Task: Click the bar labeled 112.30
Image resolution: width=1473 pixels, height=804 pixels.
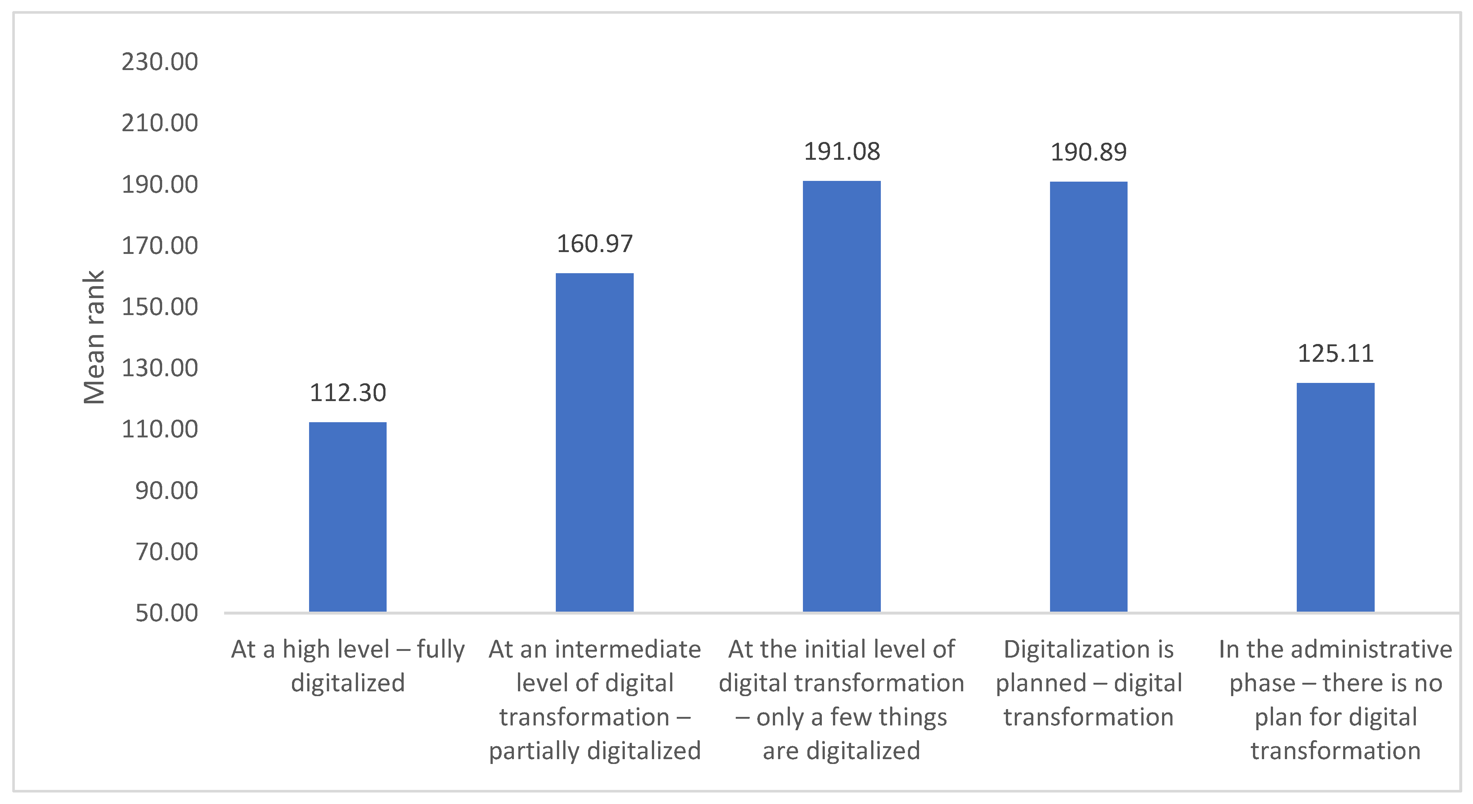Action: click(348, 517)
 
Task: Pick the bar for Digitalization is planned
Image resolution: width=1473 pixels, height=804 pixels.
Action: click(1088, 397)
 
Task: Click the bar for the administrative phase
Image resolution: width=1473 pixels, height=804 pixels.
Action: click(1335, 497)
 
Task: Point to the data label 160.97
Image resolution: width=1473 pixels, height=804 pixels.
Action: click(595, 244)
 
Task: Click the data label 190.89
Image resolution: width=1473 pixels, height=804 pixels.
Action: click(1088, 152)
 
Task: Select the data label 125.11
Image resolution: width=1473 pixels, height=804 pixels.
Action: click(1335, 354)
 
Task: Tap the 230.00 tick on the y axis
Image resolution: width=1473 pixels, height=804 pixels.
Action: click(160, 62)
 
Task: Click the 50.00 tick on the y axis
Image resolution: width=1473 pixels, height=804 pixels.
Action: click(166, 613)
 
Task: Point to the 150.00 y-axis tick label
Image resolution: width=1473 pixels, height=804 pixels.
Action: click(160, 307)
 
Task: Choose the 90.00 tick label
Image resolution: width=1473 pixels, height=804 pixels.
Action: click(166, 490)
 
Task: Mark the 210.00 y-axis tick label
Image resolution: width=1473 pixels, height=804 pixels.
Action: click(160, 123)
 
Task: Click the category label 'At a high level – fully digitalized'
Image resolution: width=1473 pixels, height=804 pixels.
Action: click(348, 666)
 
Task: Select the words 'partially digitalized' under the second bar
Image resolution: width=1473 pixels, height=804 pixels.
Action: click(595, 750)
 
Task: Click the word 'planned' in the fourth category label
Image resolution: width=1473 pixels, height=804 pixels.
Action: click(1041, 683)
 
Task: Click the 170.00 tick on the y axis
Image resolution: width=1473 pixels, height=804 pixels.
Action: click(160, 246)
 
